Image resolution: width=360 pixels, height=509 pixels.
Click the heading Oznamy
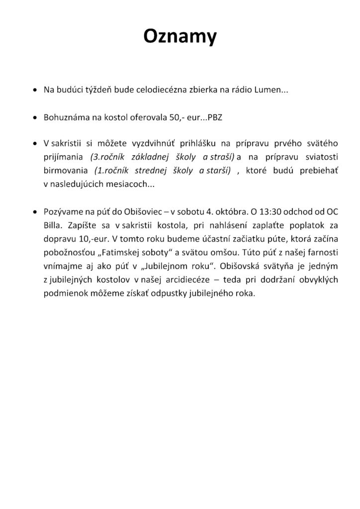(x=180, y=36)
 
